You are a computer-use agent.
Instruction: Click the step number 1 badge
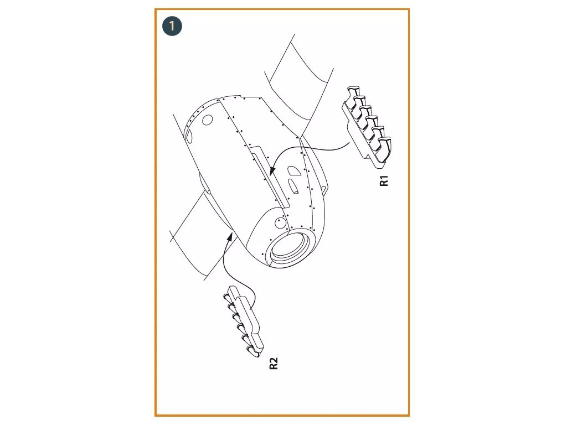[x=172, y=26]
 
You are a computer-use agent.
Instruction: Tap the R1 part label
[x=384, y=180]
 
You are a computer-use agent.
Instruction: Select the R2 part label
[x=273, y=364]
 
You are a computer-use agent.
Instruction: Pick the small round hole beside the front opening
[x=280, y=222]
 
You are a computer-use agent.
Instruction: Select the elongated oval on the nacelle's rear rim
[x=188, y=134]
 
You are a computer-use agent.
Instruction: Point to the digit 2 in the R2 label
[x=273, y=360]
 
